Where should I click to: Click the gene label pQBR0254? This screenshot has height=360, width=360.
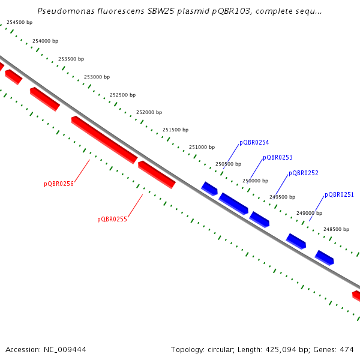pos(254,143)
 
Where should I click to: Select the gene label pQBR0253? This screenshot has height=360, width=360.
pos(278,158)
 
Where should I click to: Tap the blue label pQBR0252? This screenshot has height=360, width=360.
pos(304,173)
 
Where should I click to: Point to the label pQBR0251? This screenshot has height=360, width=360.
pos(339,195)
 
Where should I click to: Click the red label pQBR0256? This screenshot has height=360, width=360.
pos(59,184)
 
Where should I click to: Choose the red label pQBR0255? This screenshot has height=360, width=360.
pos(112,220)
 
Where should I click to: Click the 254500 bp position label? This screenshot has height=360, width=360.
pos(20,23)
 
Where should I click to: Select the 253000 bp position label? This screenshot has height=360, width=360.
pos(97,77)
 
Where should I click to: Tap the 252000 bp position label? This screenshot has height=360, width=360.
pos(149,113)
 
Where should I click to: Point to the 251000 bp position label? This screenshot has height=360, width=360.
pos(202,147)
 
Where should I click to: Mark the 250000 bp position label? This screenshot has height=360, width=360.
pos(255,181)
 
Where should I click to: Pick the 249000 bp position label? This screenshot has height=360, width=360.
pos(309,213)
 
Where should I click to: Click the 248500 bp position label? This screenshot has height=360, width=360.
pos(336,229)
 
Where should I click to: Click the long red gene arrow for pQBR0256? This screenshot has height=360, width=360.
pos(104,140)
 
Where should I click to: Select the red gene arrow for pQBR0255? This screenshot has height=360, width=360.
pos(157,175)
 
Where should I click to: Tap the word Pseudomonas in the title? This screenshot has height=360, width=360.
pos(63,11)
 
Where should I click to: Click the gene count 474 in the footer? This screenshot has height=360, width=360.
pos(346,349)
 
